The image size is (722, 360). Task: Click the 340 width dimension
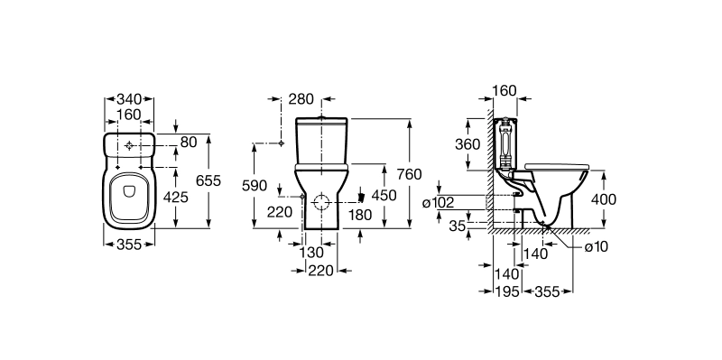click(129, 99)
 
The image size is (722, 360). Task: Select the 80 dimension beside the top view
click(189, 143)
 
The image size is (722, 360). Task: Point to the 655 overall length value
click(208, 181)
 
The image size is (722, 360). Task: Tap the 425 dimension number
click(176, 197)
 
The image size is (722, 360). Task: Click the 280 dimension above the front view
click(301, 99)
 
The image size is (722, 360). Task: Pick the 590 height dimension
click(255, 186)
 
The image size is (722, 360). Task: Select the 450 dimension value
click(384, 195)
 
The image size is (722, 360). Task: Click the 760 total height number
click(410, 174)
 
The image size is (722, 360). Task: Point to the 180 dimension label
click(360, 215)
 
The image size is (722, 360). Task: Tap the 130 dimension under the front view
click(311, 253)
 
